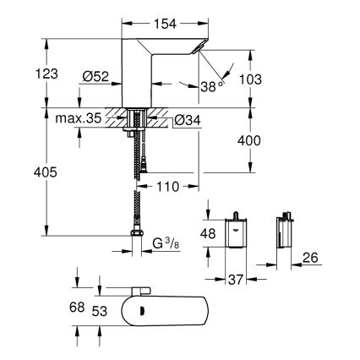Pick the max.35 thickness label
point(77,119)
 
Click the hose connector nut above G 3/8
point(137,234)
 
